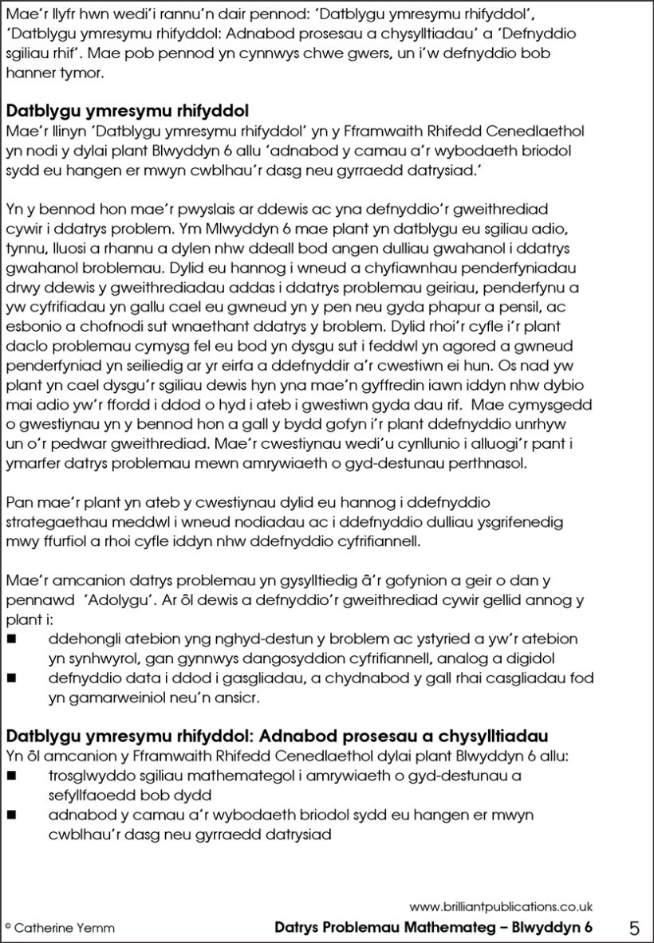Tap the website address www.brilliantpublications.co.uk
coord(501,906)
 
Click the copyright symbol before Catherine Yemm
coord(8,927)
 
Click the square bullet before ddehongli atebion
coord(11,639)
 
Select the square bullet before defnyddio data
coord(11,678)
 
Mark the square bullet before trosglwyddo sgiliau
coord(11,775)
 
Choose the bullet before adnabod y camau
coord(11,815)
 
